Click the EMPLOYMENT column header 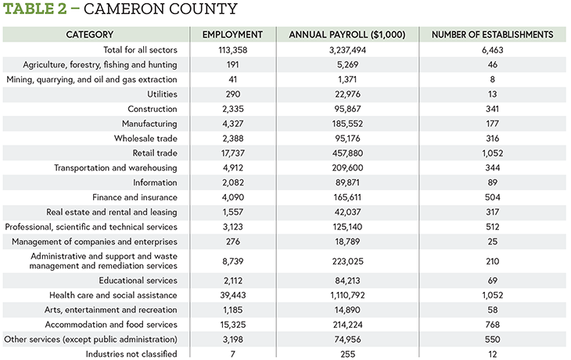click(232, 34)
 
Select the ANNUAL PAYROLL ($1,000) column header click(347, 34)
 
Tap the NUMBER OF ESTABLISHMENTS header click(492, 34)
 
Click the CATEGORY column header click(90, 34)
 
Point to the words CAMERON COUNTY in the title click(160, 9)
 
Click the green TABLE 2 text click(35, 9)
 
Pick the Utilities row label click(162, 94)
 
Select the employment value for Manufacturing click(232, 124)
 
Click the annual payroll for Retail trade click(347, 153)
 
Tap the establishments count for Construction click(492, 109)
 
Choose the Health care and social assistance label click(113, 295)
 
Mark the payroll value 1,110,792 click(347, 295)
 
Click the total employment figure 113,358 click(232, 50)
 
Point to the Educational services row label click(138, 280)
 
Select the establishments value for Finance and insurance click(492, 197)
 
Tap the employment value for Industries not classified click(232, 354)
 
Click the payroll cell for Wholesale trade click(347, 139)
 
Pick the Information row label click(155, 182)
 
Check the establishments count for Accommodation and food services click(492, 325)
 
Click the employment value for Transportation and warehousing click(232, 167)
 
